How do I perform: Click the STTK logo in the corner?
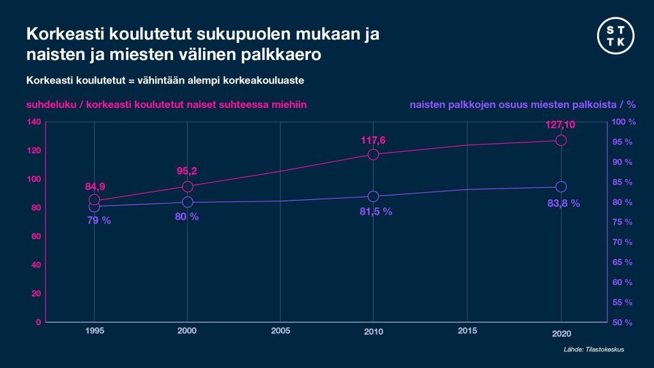(617, 36)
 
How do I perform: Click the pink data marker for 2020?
(561, 140)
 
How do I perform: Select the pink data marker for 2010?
(374, 154)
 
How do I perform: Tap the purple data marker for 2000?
(187, 202)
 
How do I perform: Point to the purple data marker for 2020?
(561, 187)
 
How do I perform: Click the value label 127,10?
(561, 125)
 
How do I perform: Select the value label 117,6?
(374, 139)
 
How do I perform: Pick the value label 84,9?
(95, 187)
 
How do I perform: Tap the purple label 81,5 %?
(374, 211)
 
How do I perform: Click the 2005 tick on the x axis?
(280, 331)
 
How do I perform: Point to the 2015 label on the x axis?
(467, 331)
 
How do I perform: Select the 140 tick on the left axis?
(34, 122)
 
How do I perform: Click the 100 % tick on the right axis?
(623, 122)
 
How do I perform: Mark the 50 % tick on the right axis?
(622, 323)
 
